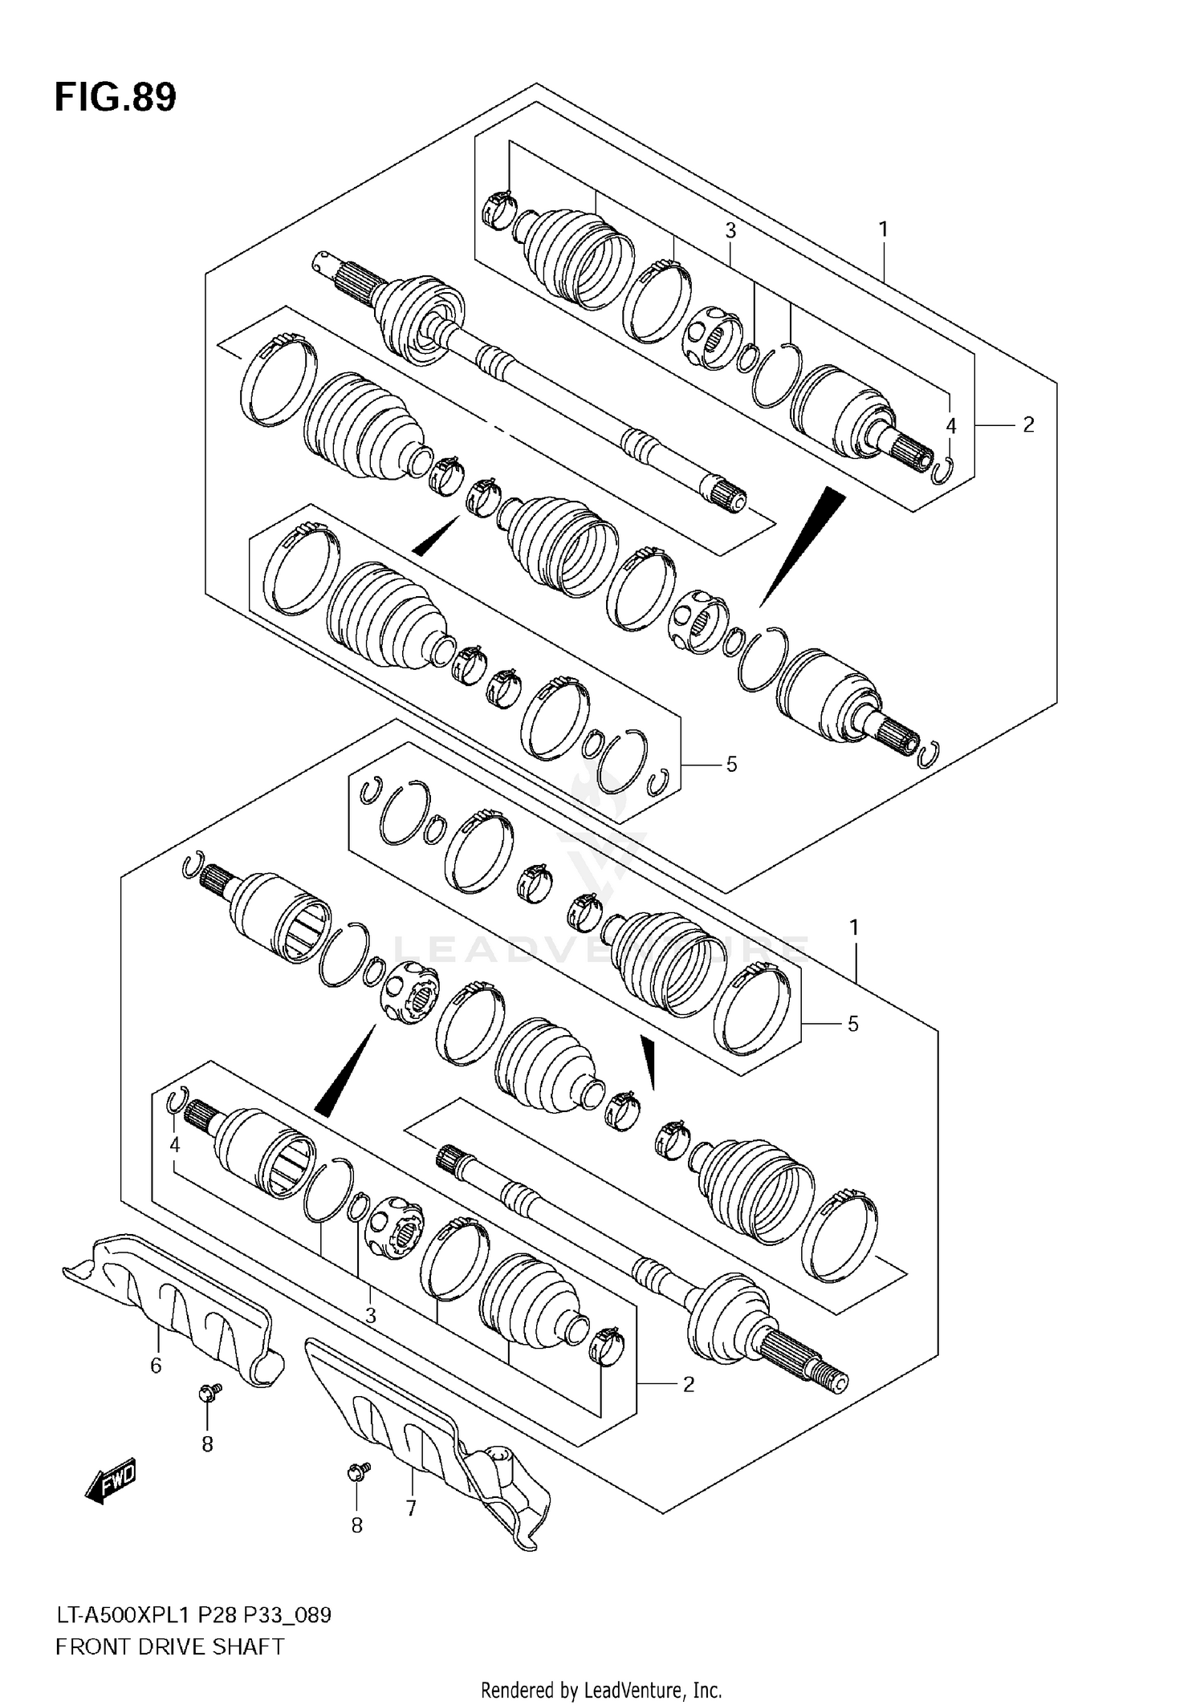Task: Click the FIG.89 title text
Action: pyautogui.click(x=116, y=98)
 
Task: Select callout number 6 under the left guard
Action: pyautogui.click(x=156, y=1365)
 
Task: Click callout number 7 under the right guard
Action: pyautogui.click(x=411, y=1508)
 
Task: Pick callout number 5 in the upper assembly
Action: pyautogui.click(x=731, y=765)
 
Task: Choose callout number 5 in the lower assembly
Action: pyautogui.click(x=853, y=1024)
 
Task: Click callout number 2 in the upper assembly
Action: pyautogui.click(x=1028, y=424)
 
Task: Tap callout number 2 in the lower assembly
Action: pyautogui.click(x=688, y=1384)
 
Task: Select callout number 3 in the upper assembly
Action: pyautogui.click(x=730, y=230)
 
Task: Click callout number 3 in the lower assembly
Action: pyautogui.click(x=370, y=1315)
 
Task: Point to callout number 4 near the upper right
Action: pyautogui.click(x=951, y=426)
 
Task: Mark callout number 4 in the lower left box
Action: pyautogui.click(x=174, y=1145)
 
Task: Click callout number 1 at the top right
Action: pyautogui.click(x=883, y=229)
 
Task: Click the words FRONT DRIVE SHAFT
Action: pyautogui.click(x=169, y=1646)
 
